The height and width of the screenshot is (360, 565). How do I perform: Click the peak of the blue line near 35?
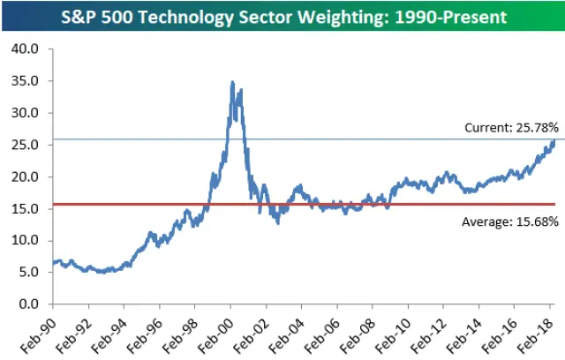[x=232, y=82]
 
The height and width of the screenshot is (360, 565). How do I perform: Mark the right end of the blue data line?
[x=554, y=140]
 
